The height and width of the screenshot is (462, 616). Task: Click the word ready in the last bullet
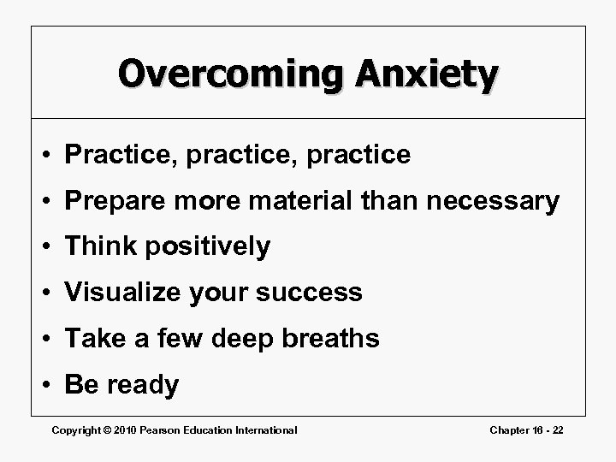pos(143,385)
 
